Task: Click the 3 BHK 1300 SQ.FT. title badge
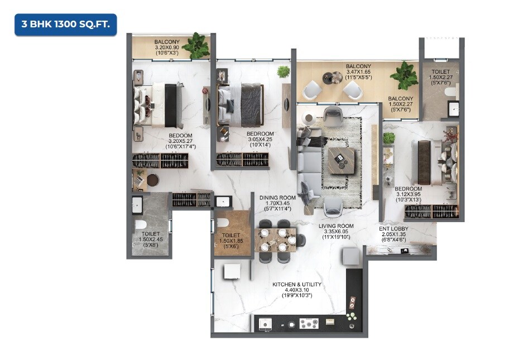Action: (x=66, y=25)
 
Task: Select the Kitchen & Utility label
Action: (x=296, y=285)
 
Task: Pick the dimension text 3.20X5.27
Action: (x=181, y=141)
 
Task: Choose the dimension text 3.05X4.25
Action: (x=260, y=140)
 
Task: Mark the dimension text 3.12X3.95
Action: (x=408, y=194)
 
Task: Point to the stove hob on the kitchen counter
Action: (x=308, y=323)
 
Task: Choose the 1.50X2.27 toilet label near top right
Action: (x=440, y=75)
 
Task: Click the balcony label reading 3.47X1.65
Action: (x=358, y=72)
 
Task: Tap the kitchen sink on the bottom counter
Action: (x=263, y=323)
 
